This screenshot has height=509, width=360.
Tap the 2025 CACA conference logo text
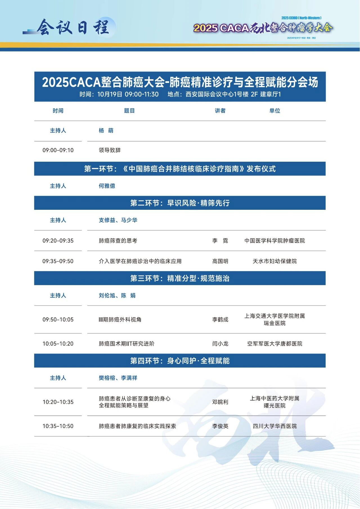[263, 28]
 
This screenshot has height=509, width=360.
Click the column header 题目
[129, 111]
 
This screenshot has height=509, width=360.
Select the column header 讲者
[220, 111]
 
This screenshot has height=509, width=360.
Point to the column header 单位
[275, 111]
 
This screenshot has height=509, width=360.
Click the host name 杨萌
[106, 130]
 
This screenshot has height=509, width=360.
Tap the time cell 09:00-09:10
[58, 150]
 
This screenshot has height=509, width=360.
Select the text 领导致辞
[110, 150]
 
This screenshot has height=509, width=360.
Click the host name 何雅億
[107, 186]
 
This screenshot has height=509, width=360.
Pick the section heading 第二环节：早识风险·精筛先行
[180, 203]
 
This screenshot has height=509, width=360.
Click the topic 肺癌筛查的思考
[118, 241]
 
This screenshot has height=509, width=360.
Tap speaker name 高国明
[220, 261]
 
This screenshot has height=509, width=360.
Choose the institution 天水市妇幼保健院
[275, 261]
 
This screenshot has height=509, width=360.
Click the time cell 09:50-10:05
[58, 319]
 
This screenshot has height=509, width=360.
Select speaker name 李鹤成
[220, 319]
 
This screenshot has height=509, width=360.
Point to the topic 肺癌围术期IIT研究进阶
[127, 344]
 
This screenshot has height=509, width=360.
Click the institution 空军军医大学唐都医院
[275, 344]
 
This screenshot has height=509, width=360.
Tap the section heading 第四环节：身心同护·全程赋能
[180, 361]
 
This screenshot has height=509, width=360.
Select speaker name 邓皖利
[220, 402]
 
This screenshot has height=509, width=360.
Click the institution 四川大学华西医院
[275, 426]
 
